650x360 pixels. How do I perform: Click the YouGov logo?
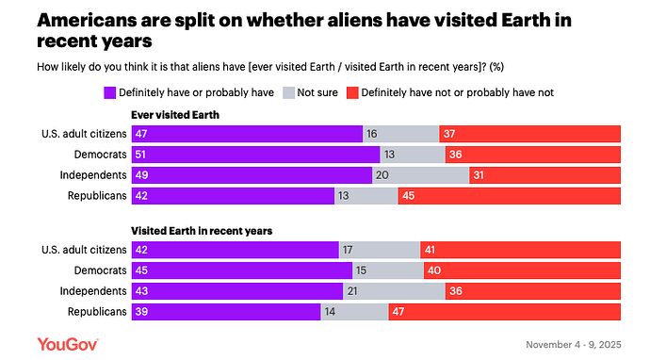(68, 344)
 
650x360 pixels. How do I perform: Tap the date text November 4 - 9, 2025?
(574, 345)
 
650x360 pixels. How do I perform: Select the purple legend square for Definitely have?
(110, 92)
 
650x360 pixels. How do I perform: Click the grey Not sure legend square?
(288, 92)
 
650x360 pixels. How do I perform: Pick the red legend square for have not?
(352, 92)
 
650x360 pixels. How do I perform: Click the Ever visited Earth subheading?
(175, 115)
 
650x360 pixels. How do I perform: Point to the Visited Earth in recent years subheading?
(202, 231)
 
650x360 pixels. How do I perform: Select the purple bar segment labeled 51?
(256, 155)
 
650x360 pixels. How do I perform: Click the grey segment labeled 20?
(420, 175)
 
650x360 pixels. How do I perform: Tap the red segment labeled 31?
(544, 175)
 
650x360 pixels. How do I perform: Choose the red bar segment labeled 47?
(505, 312)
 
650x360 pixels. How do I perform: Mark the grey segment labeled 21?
(394, 291)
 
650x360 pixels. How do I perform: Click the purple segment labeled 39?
(226, 312)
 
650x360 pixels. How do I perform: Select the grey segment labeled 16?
(401, 134)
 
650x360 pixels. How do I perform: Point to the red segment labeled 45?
(510, 196)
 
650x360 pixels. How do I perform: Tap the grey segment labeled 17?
(380, 250)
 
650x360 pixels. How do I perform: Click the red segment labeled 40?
(522, 270)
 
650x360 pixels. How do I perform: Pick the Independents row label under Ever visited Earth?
(93, 175)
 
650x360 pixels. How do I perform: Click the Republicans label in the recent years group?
(97, 312)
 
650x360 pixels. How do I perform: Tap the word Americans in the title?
(87, 21)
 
